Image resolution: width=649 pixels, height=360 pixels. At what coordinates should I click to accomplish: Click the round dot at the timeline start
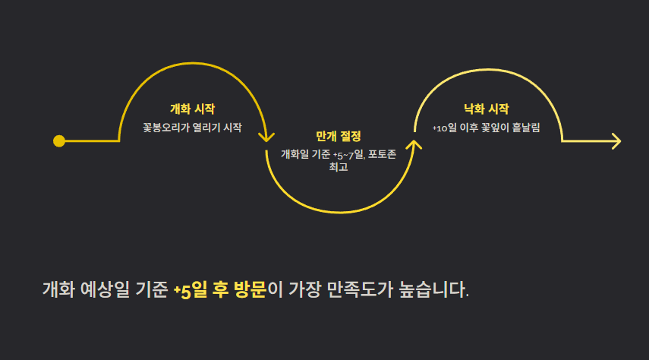[59, 141]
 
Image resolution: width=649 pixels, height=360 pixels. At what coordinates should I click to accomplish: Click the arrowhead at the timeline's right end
[616, 141]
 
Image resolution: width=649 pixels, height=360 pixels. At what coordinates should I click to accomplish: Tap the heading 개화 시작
[192, 109]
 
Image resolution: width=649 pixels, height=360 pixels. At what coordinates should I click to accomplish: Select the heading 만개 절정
[339, 136]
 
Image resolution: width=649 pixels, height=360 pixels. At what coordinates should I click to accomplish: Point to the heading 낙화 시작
[487, 109]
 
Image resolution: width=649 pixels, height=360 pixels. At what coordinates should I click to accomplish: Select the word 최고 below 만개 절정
[339, 167]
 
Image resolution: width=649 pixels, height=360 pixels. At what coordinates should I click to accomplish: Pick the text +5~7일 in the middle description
[348, 154]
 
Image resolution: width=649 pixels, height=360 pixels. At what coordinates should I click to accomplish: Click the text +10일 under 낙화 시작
[444, 128]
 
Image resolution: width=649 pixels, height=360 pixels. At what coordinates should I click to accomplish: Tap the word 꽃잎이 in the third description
[493, 128]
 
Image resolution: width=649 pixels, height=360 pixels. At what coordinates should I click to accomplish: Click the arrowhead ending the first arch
[266, 137]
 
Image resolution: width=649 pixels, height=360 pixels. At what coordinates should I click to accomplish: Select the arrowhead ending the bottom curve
[414, 144]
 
